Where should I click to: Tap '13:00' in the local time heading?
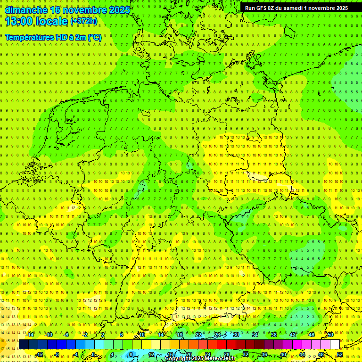click(19, 21)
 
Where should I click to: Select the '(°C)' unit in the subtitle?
click(95, 37)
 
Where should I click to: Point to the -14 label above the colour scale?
click(30, 334)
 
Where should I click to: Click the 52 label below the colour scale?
click(340, 354)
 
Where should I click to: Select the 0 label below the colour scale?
click(93, 354)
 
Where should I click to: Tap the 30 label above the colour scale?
click(236, 334)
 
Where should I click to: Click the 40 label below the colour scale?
click(283, 354)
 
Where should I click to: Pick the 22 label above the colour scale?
click(198, 334)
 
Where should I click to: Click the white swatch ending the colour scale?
click(335, 344)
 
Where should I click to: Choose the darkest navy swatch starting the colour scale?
click(24, 344)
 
